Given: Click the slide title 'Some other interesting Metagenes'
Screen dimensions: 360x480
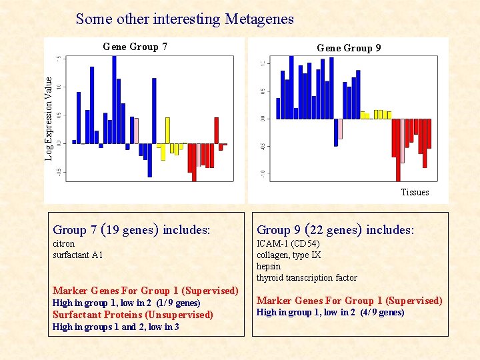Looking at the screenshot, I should [185, 19].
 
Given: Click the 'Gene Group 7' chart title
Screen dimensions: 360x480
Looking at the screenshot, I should [135, 47].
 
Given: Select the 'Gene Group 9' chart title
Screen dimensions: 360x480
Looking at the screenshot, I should [349, 48].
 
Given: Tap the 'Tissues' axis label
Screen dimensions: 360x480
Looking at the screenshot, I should [415, 192].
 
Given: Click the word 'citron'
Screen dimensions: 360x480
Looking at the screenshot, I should [64, 243].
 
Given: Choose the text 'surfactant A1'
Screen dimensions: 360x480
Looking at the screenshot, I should [78, 255].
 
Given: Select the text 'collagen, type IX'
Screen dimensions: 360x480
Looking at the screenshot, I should [289, 255].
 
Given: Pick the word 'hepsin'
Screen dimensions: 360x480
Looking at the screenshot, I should [269, 266].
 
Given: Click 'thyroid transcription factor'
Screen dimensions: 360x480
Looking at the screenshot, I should [307, 277].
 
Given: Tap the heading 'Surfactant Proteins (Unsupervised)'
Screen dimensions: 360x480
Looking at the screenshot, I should [133, 315].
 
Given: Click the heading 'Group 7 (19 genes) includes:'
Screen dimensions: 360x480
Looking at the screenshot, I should [131, 230].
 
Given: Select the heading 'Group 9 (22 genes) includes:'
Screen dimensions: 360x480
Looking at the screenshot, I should [335, 230].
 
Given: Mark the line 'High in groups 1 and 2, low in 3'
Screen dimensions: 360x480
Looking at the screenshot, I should [115, 327].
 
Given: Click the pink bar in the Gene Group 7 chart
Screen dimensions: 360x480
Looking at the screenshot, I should [136, 131].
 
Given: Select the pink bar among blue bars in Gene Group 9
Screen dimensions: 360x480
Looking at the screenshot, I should [340, 128].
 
